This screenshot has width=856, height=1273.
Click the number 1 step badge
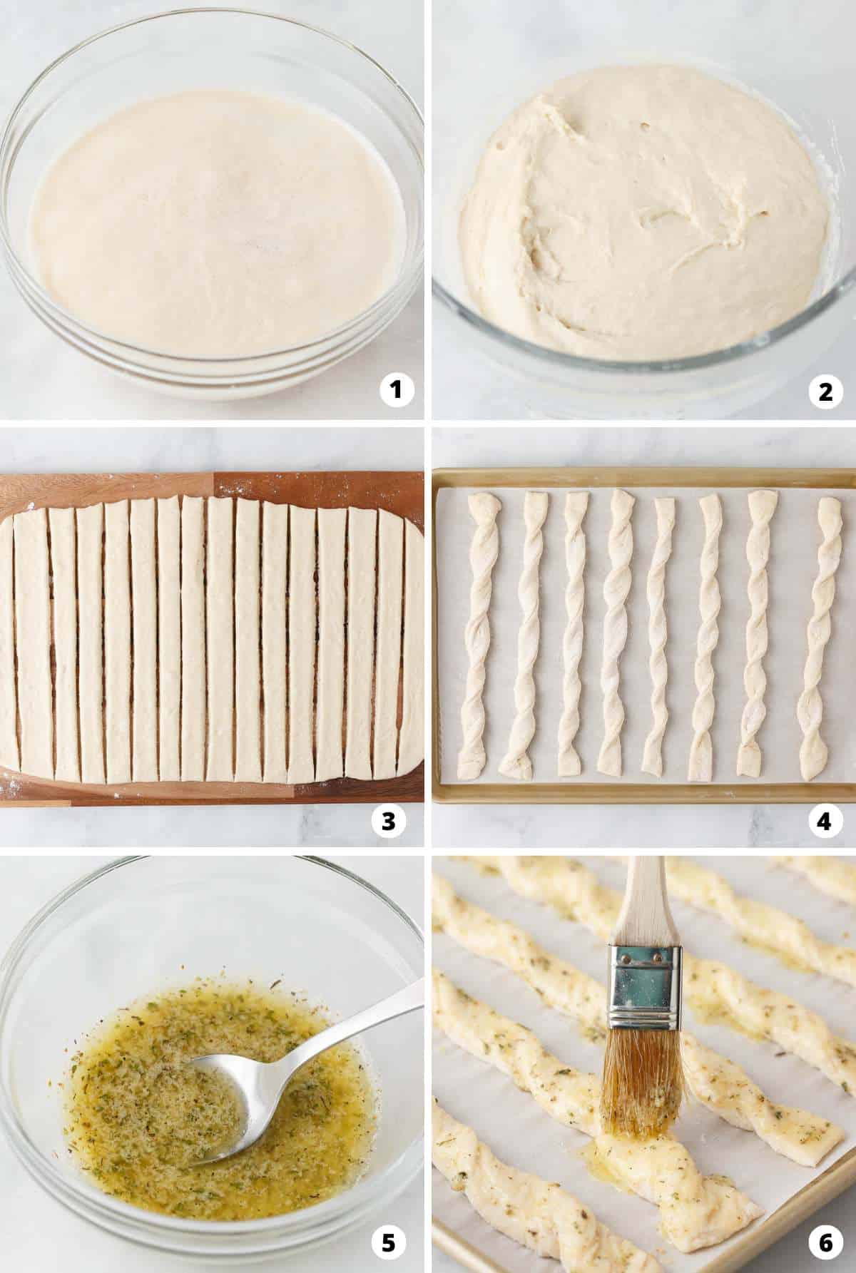[397, 391]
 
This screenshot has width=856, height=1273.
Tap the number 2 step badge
[825, 391]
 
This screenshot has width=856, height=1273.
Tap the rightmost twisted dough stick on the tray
[820, 635]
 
